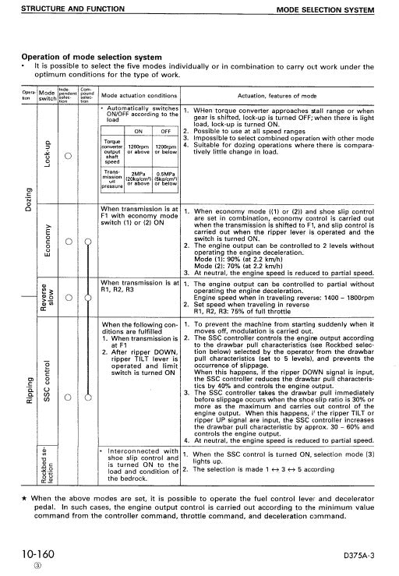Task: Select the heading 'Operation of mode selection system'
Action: [90, 57]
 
